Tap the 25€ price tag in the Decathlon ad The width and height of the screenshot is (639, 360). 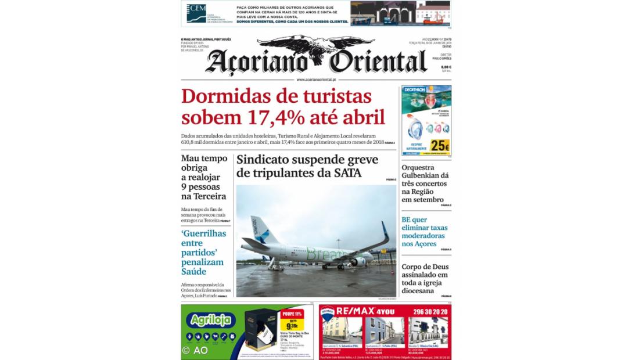pos(440,147)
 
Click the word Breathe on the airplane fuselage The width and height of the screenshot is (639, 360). pos(321,255)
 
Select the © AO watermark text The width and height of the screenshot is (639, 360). pos(195,350)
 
